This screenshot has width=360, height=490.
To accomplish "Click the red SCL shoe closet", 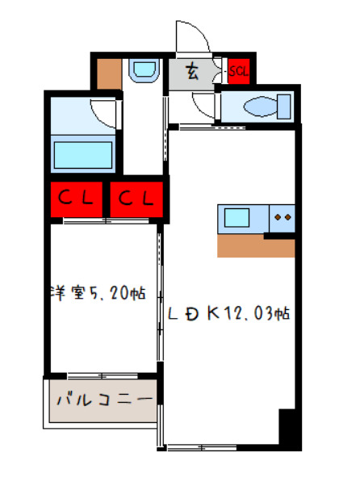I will point(239,70).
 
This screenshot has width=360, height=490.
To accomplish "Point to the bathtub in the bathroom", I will point(84,153).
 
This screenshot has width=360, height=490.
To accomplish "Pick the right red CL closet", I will point(136,198).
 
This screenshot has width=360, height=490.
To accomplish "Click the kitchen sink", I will point(239,218).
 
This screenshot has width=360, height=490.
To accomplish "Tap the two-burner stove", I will point(283,218).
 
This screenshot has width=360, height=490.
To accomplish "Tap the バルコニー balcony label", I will point(103,400).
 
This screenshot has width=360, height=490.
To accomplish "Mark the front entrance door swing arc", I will point(194,36).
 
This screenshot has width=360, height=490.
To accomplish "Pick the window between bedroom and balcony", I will point(102,375).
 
